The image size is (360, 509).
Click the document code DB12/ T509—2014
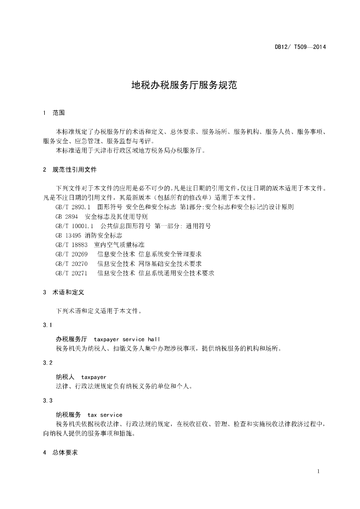click(300, 47)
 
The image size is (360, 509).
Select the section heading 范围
click(59, 113)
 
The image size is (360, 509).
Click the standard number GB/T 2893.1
click(73, 207)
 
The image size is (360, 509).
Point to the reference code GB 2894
click(67, 216)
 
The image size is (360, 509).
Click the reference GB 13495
click(68, 235)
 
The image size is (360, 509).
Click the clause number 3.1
click(47, 325)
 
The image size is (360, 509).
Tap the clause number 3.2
click(47, 363)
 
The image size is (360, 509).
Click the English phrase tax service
click(105, 415)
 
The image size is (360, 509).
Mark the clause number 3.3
click(47, 401)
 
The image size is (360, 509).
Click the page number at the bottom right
click(317, 471)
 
